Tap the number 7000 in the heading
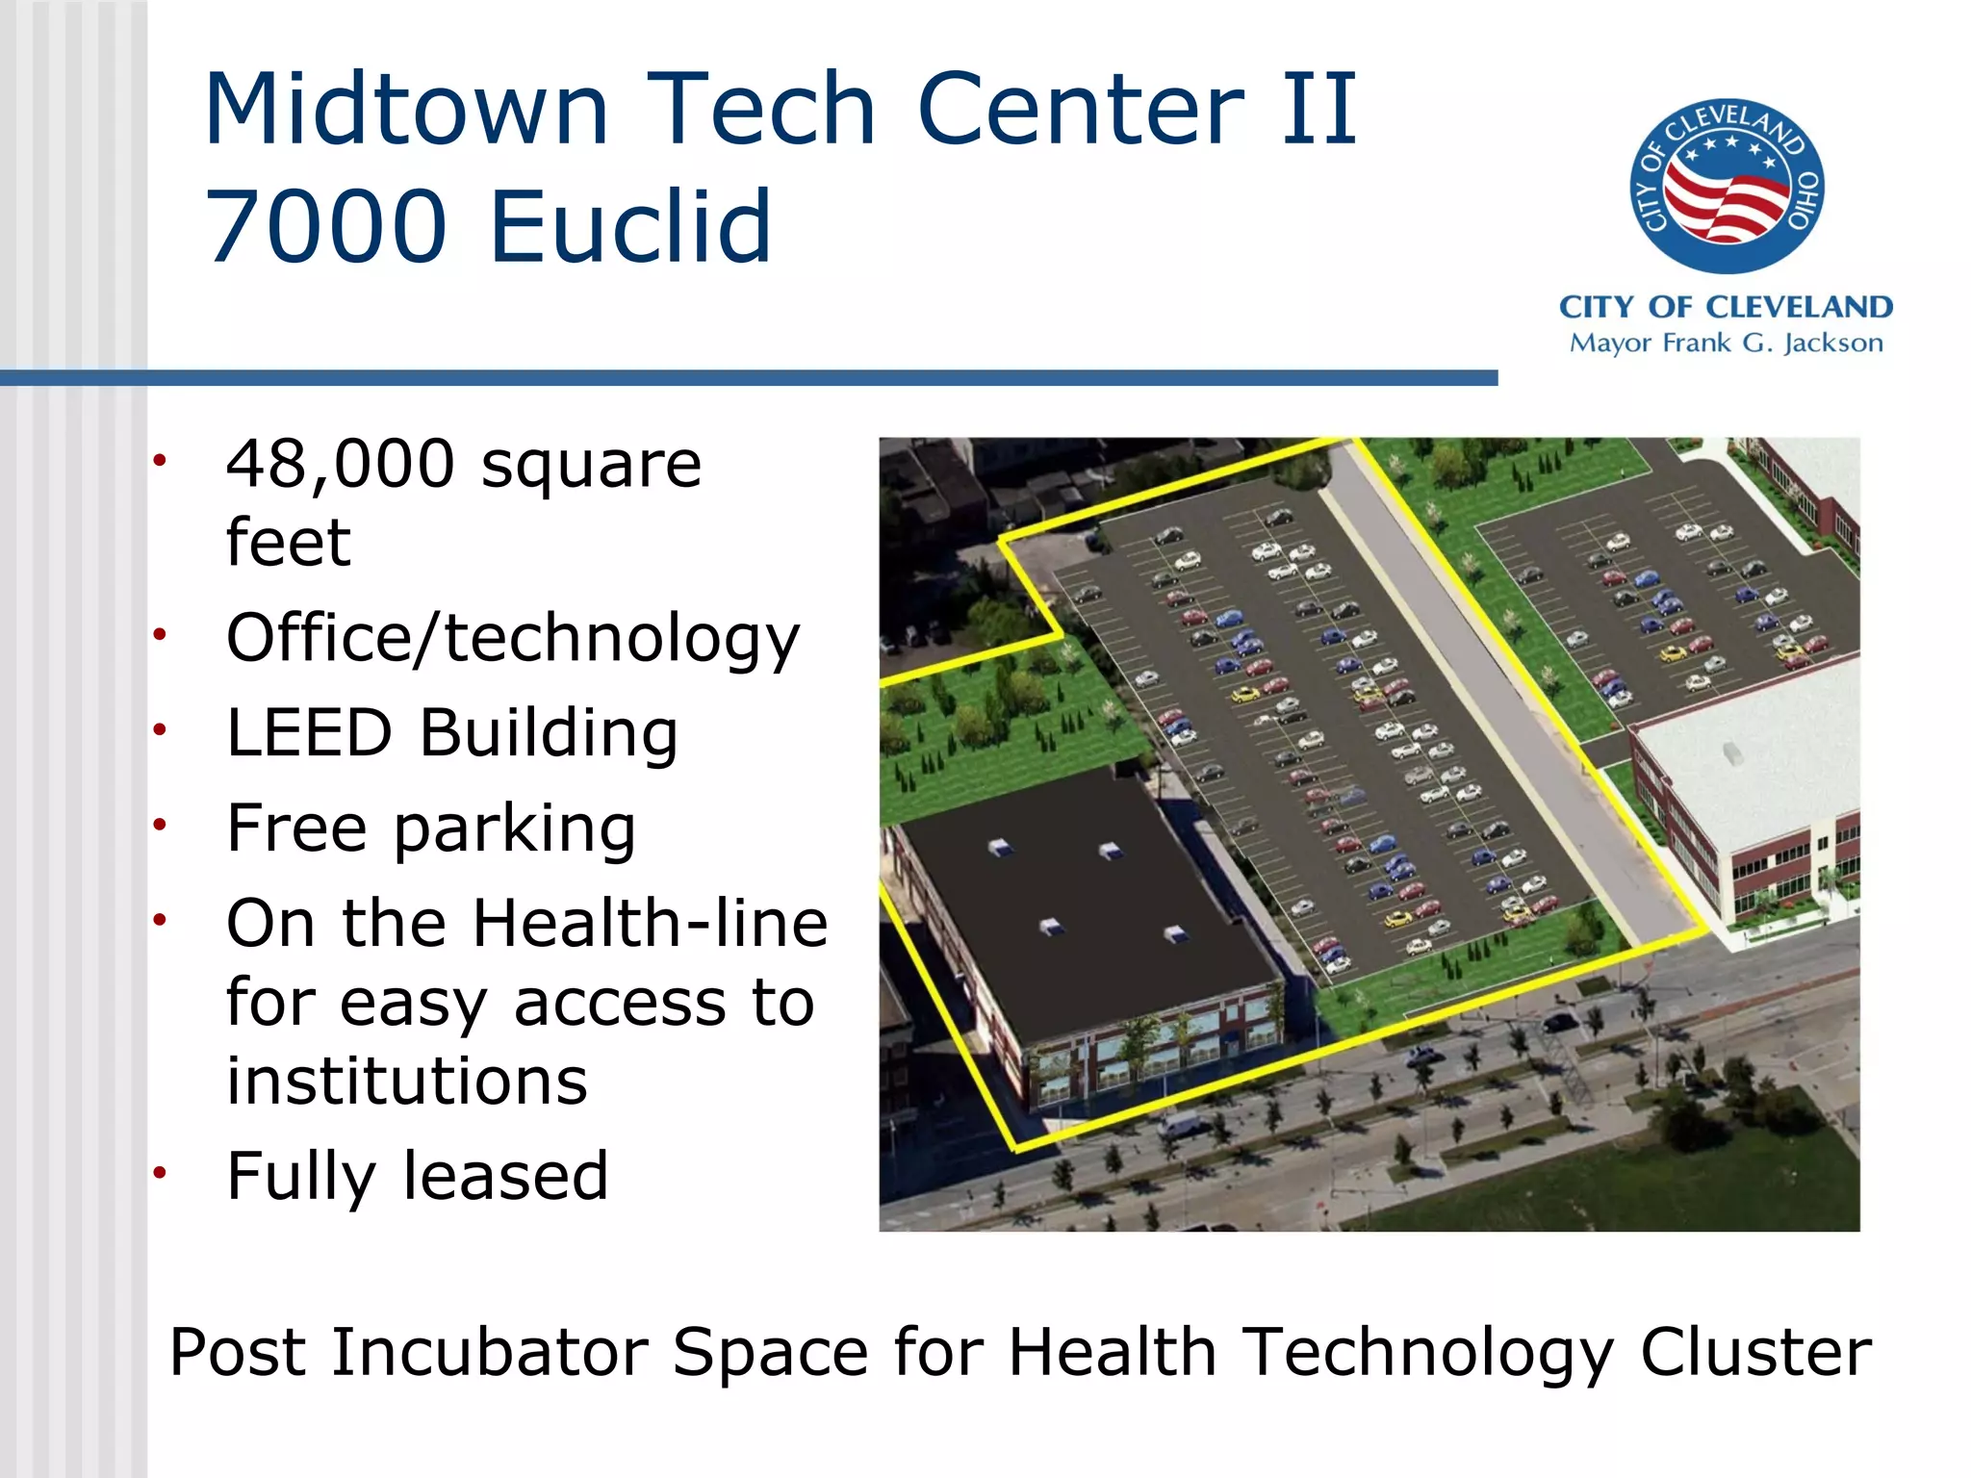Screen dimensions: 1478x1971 pyautogui.click(x=326, y=227)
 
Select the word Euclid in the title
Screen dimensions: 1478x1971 pyautogui.click(x=630, y=227)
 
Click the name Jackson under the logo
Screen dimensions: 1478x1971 pyautogui.click(x=1832, y=344)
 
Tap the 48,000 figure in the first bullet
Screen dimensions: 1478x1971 pyautogui.click(x=340, y=464)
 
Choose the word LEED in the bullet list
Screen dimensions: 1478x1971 pyautogui.click(x=309, y=733)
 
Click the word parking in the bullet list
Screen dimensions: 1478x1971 pyautogui.click(x=514, y=829)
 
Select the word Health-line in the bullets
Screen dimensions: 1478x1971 pyautogui.click(x=650, y=924)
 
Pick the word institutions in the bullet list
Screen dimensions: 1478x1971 pyautogui.click(x=406, y=1082)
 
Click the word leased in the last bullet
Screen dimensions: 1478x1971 pyautogui.click(x=505, y=1176)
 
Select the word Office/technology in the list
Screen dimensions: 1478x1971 pyautogui.click(x=512, y=639)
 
